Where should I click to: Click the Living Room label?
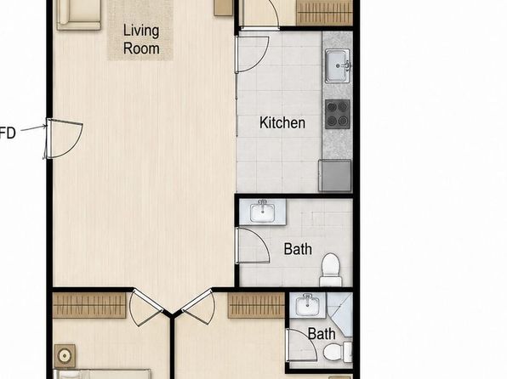141,39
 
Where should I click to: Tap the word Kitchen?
282,122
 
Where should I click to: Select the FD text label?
8,133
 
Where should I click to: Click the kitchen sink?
338,65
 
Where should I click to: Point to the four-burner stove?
338,114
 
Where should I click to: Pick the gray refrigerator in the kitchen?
335,175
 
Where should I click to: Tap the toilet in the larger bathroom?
330,269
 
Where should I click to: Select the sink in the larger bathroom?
262,212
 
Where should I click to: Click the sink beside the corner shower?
307,304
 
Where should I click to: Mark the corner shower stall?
339,314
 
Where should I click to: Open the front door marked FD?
64,139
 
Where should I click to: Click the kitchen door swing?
253,54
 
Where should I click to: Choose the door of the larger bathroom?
253,246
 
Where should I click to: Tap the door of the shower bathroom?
301,345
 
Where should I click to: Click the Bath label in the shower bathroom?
322,334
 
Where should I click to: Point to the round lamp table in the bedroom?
65,356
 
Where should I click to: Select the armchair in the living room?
79,14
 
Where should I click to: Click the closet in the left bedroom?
89,305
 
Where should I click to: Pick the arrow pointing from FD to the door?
34,128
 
